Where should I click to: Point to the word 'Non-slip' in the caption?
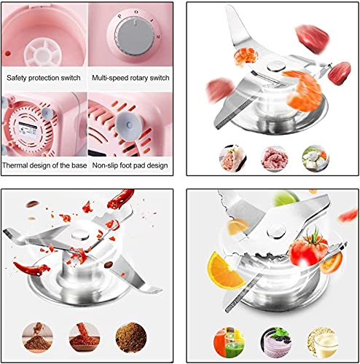(109, 165)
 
